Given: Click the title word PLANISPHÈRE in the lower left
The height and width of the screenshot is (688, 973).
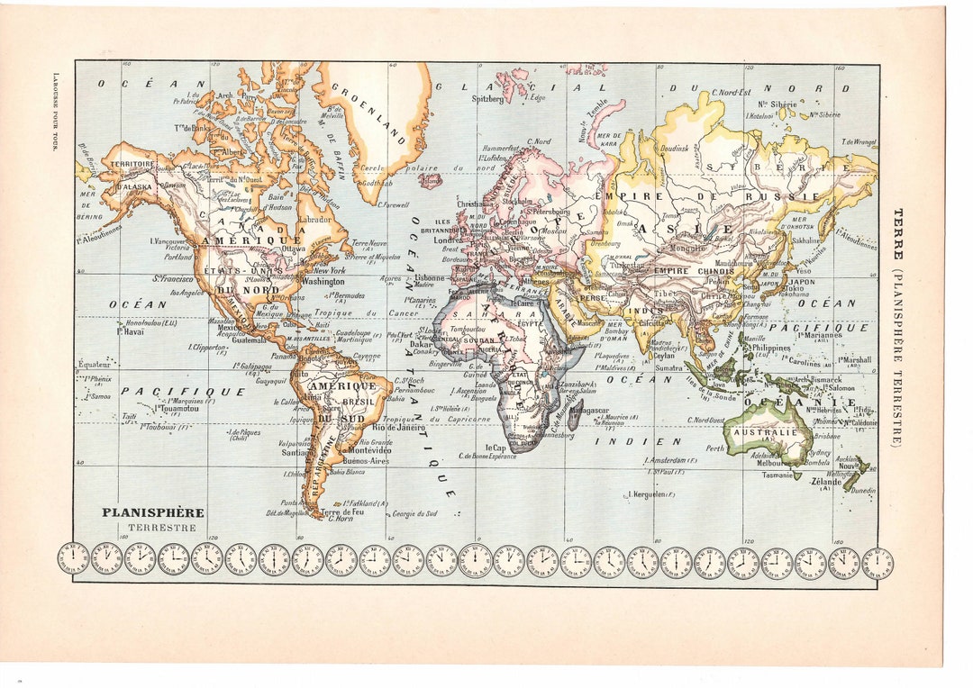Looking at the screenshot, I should click(152, 512).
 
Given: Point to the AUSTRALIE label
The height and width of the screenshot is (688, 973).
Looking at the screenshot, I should click(763, 432).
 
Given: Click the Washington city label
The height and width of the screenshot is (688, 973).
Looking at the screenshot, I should click(323, 281).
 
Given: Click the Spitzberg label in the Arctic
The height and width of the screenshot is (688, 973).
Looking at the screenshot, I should click(487, 99).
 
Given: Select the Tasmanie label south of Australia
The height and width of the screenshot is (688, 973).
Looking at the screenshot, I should click(777, 475).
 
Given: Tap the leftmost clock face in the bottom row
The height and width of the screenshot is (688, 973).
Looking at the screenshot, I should click(73, 559).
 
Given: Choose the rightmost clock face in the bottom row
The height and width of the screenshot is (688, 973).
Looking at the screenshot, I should click(878, 563).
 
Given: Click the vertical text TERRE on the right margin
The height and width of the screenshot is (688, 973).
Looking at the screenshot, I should click(897, 229).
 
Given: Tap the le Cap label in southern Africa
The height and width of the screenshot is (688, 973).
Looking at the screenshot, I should click(496, 448).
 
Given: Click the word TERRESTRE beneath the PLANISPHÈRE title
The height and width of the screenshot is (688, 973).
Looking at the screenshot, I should click(161, 528).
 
